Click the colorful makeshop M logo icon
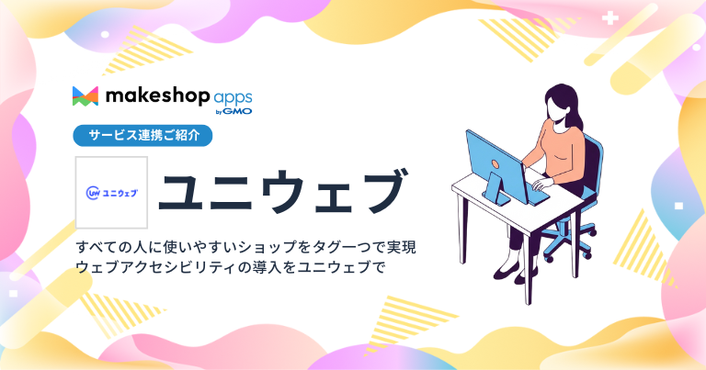point(85,95)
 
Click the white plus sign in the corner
point(609,17)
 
